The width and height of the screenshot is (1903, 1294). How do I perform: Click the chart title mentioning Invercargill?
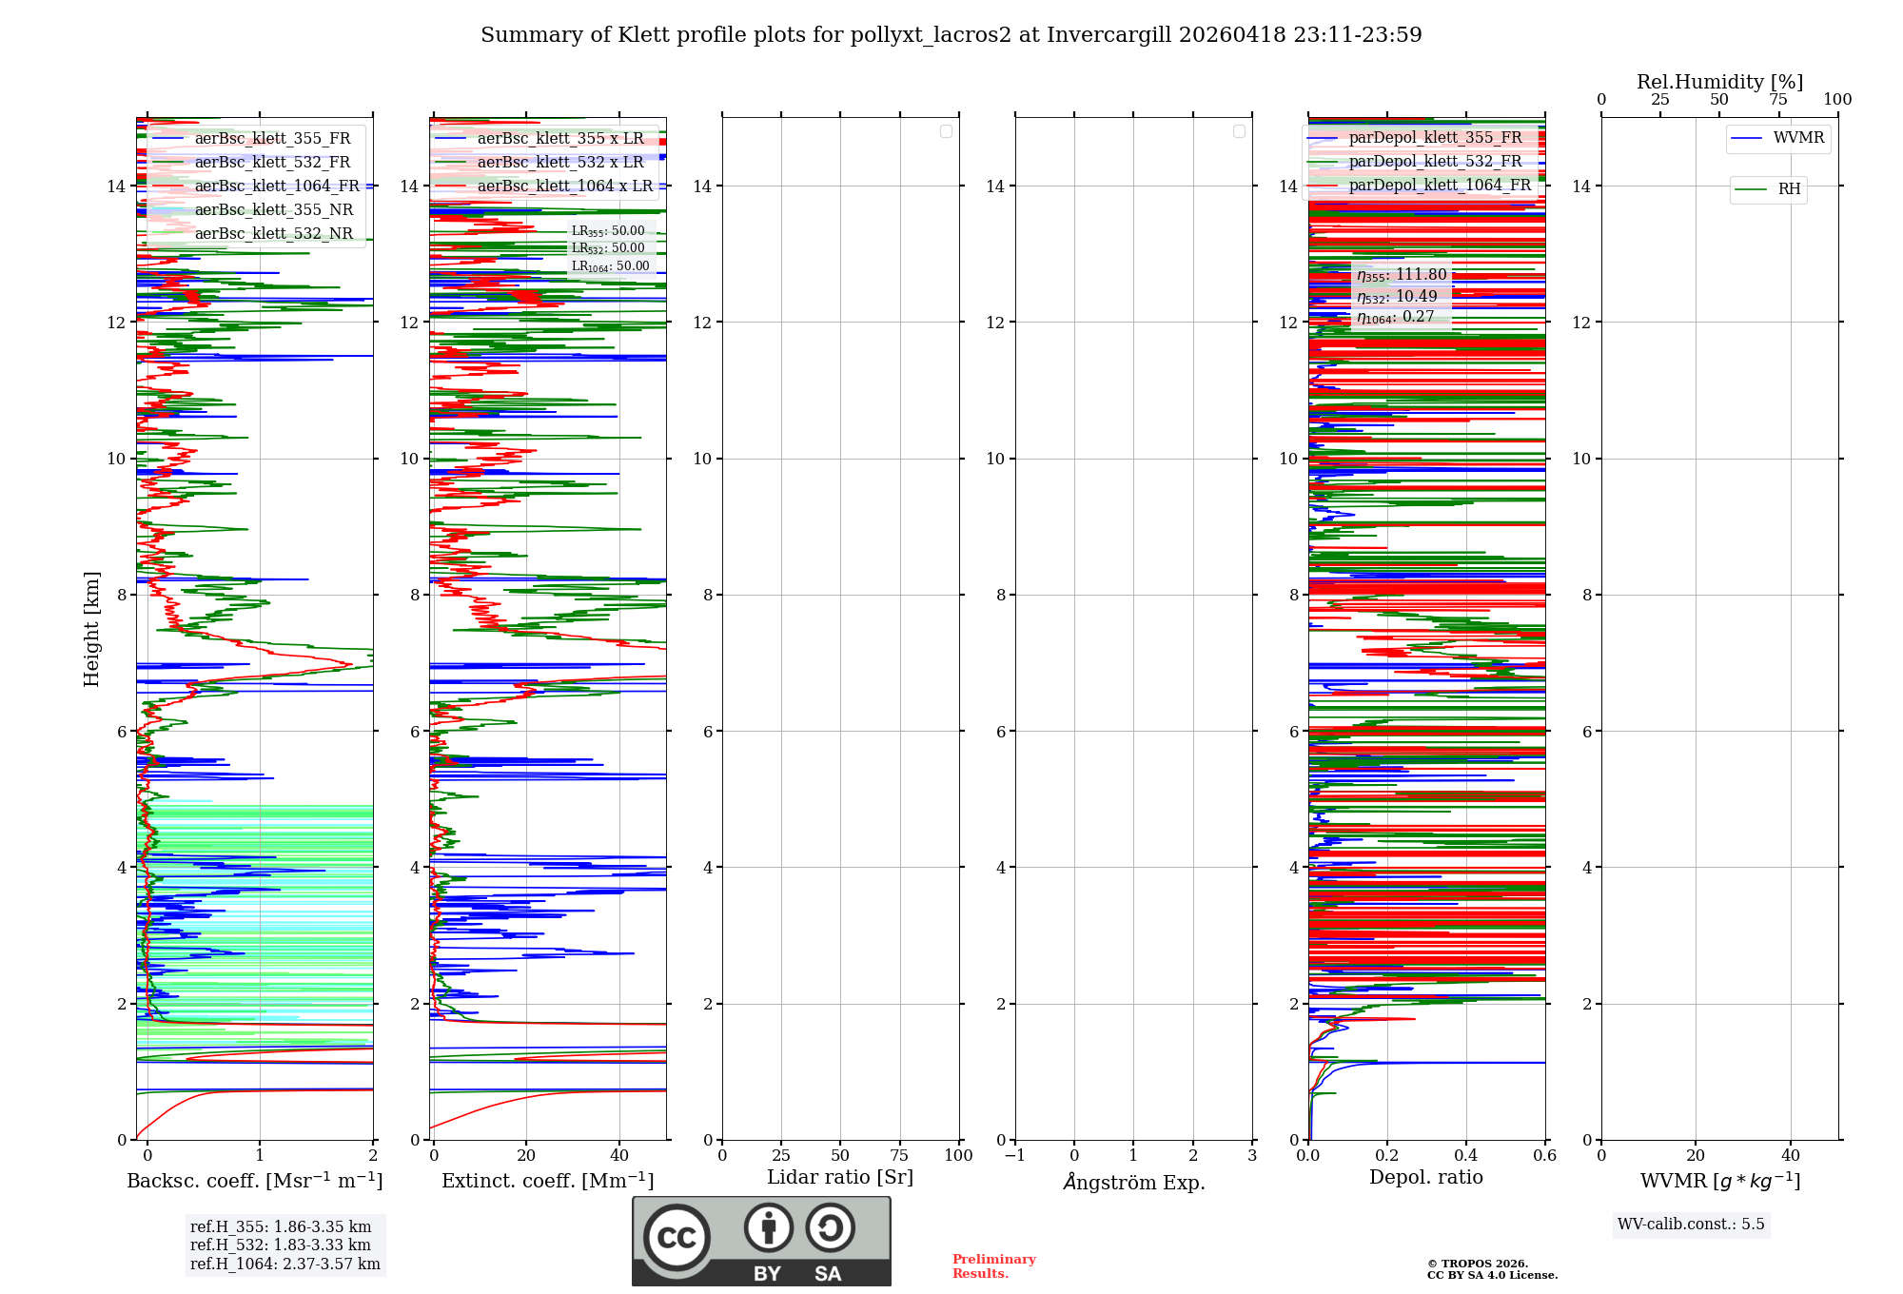pos(951,35)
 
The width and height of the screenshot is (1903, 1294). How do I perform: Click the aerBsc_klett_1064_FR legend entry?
pos(277,186)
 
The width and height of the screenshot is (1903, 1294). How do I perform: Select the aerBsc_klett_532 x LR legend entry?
pos(560,163)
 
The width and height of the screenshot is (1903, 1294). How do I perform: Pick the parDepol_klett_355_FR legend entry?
pos(1435,138)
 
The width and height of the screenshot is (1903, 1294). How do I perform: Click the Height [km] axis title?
pos(91,629)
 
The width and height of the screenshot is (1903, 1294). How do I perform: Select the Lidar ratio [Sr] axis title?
pos(840,1178)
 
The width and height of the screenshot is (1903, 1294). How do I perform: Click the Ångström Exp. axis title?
pos(1134,1182)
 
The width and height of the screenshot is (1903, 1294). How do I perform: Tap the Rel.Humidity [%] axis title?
pos(1719,82)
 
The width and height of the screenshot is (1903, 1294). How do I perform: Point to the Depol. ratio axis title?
pos(1425,1178)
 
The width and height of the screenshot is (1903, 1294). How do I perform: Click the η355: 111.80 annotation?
pos(1402,275)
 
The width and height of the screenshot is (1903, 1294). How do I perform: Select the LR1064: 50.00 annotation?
pos(610,266)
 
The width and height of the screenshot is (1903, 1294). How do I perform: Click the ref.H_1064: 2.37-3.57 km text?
pos(284,1265)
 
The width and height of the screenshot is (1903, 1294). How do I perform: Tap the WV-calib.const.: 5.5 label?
pos(1691,1225)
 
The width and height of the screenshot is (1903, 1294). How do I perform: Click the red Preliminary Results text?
pos(993,1266)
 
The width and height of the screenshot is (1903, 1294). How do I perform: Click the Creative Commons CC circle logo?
pos(677,1238)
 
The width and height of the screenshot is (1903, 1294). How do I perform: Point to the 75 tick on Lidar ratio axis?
pos(899,1156)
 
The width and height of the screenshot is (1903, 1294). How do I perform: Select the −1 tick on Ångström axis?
pos(1015,1156)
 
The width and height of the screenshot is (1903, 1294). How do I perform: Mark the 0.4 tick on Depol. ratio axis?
pos(1466,1156)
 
